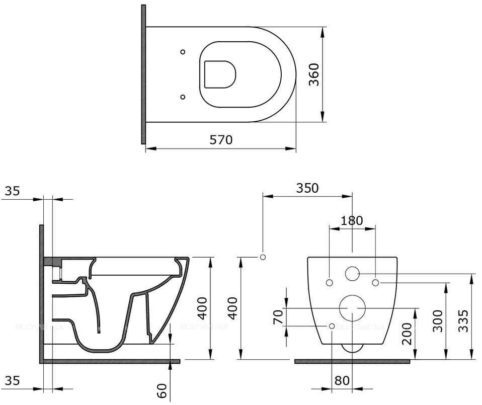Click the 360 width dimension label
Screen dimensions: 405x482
tap(314, 74)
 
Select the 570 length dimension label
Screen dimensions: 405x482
tap(221, 139)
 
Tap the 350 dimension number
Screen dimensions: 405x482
tap(307, 188)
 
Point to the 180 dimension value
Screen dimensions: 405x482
tap(352, 220)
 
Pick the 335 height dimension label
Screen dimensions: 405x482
tap(463, 318)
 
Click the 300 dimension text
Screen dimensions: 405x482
tap(437, 320)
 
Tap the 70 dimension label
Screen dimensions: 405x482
tap(277, 317)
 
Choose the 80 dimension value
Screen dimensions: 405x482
tap(342, 381)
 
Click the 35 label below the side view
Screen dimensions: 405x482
tap(12, 381)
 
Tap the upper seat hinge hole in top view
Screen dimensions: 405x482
tap(183, 52)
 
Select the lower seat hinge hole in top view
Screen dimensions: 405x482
tap(183, 96)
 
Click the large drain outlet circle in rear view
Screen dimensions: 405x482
tap(352, 308)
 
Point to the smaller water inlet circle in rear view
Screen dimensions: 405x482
tap(352, 274)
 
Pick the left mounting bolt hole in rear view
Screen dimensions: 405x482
tap(329, 282)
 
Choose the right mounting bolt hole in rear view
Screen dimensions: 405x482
tap(375, 282)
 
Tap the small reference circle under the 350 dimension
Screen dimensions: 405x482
tap(262, 257)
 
